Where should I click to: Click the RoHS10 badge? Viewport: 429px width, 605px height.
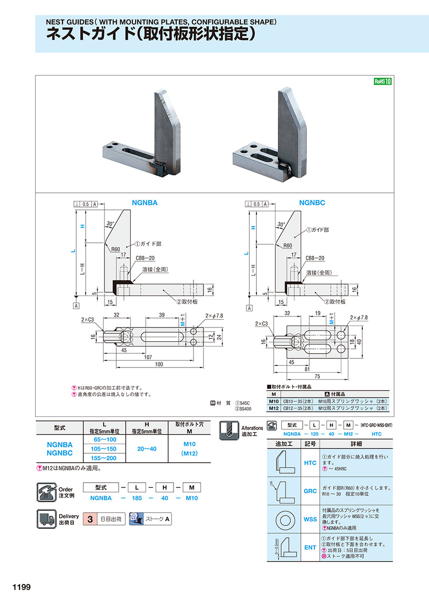click(x=382, y=81)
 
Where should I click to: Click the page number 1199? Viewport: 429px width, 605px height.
click(x=18, y=587)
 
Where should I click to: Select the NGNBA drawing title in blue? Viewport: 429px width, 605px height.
click(x=144, y=203)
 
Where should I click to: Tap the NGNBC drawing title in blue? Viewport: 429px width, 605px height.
click(x=312, y=203)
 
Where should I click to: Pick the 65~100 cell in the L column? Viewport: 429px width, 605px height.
click(x=104, y=440)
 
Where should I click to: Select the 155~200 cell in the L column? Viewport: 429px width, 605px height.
click(x=104, y=458)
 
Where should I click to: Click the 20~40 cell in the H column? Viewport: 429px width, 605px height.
click(x=146, y=449)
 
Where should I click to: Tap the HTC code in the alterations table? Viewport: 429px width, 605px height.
click(x=310, y=463)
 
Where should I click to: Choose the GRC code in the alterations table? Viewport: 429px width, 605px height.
click(x=310, y=491)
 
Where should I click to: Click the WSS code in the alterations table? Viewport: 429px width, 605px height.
click(x=310, y=519)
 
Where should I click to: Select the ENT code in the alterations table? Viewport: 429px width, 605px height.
click(x=310, y=547)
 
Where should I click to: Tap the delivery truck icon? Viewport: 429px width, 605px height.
click(x=47, y=519)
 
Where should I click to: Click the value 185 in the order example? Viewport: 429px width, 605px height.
click(x=137, y=498)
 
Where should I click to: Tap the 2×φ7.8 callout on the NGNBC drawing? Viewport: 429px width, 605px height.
click(x=358, y=317)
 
